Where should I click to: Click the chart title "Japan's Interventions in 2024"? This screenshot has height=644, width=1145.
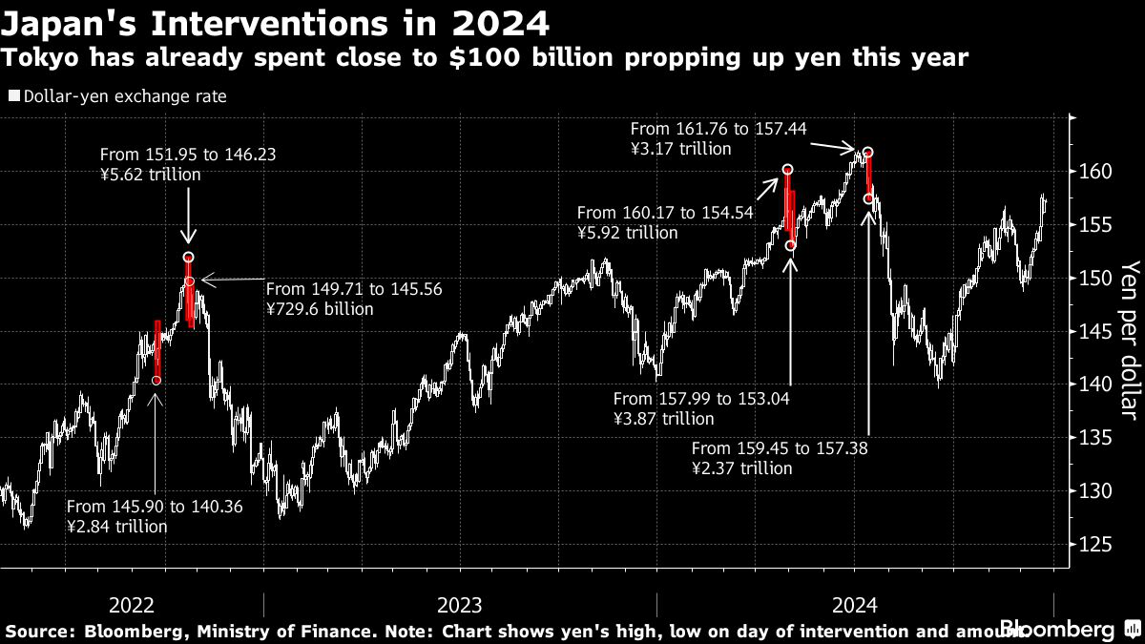pos(276,21)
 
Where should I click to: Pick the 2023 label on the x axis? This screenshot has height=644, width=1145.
pos(459,605)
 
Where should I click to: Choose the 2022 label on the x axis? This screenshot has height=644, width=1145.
pos(132,605)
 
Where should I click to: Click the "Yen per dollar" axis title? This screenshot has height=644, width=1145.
pos(1129,340)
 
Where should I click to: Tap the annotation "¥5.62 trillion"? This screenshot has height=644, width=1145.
pos(150,175)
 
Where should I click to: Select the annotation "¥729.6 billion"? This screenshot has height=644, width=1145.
pos(320,309)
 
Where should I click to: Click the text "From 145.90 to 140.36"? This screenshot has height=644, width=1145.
pos(155,508)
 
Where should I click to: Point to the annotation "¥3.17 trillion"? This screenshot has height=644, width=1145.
pos(680,149)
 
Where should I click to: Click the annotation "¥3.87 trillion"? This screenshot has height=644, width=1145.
pos(663,419)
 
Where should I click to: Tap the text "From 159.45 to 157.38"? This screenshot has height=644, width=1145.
pos(780,448)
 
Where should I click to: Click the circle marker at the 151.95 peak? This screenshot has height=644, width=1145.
pos(188,258)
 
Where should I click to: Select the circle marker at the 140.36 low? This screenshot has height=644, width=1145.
pos(156,381)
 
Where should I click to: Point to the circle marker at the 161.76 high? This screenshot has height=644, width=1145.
pos(868,153)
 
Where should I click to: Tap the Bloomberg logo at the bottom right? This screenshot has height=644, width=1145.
pos(1056,630)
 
